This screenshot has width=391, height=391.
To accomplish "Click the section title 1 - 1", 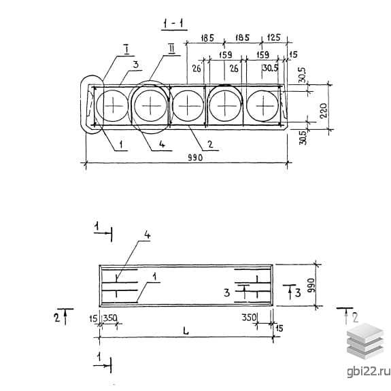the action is coord(174,24).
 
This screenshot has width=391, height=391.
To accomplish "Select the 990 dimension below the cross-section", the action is coord(195,158).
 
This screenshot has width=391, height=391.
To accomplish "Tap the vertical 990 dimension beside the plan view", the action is coord(312,286).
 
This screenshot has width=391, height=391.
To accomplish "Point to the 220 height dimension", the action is coord(323,110).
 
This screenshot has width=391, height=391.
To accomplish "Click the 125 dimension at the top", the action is coord(273,37).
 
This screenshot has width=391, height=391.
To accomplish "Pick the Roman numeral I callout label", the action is coord(126,49).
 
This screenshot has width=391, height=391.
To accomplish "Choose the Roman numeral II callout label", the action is coord(171,49).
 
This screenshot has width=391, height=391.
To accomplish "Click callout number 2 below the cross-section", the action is coord(210,144).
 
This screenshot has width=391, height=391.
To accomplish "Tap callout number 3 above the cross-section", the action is coord(135,65).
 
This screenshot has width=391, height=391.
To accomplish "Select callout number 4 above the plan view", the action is coord(147,235).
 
